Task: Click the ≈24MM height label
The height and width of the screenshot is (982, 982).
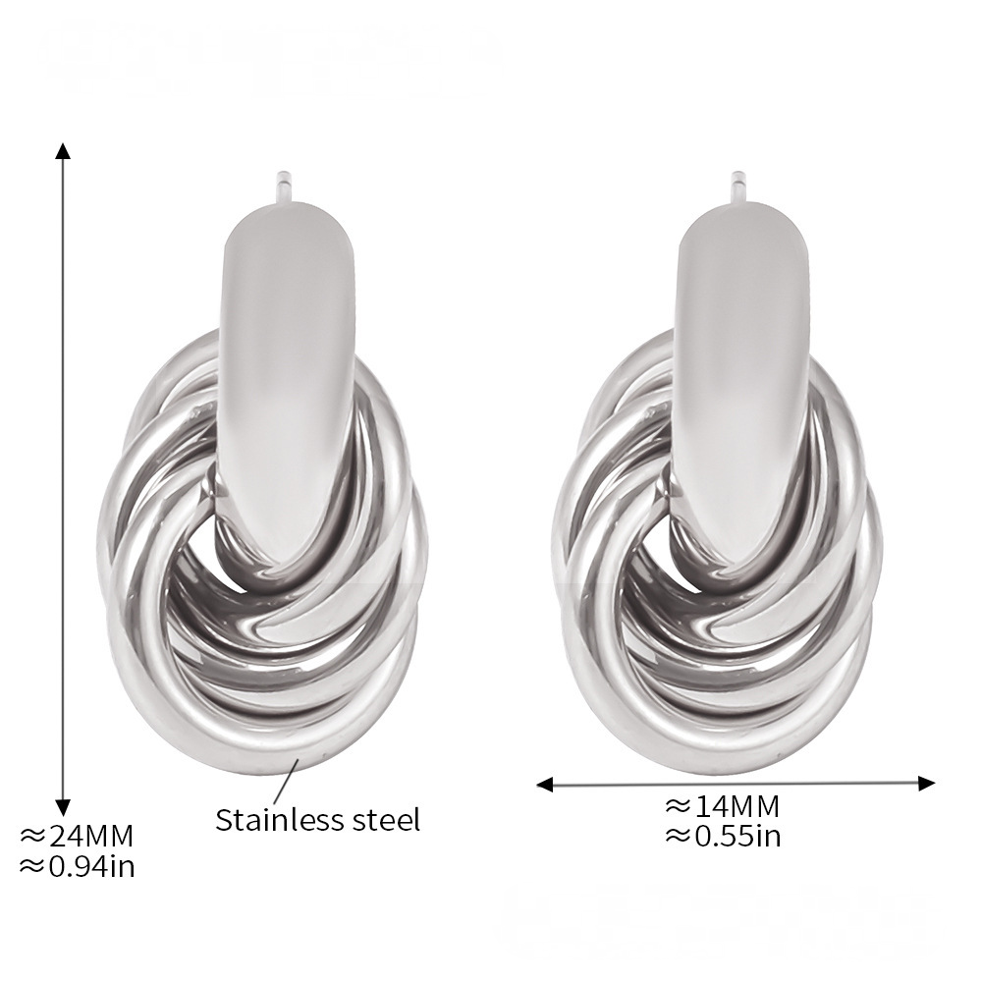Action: tap(77, 836)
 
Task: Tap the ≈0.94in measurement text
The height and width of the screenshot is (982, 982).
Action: tap(77, 866)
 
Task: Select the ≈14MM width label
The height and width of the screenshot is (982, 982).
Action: tap(722, 806)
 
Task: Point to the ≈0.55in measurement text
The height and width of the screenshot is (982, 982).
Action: tap(723, 836)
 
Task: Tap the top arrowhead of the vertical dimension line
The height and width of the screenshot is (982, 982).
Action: tap(62, 151)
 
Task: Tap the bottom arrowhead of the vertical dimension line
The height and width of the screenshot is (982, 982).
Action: tap(62, 808)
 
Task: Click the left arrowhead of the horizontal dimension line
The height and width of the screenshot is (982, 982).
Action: tap(545, 784)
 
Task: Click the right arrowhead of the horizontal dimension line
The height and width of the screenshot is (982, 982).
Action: tap(926, 783)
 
